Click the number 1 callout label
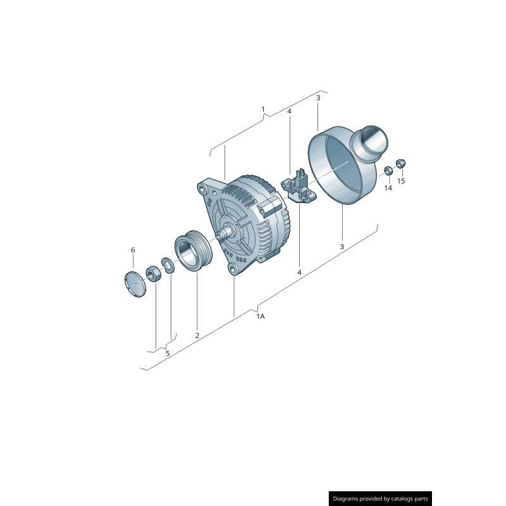coord(263,109)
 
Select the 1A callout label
coord(260,316)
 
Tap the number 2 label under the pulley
coord(197,335)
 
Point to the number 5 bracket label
coord(168,354)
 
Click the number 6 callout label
coord(133,250)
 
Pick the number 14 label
coord(388,188)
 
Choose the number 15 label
coord(401,181)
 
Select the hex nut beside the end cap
coord(152,273)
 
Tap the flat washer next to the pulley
coord(168,264)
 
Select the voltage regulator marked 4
coord(298,187)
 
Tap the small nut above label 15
coord(400,163)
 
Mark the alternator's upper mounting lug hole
coord(202,188)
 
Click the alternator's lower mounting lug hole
coord(233,271)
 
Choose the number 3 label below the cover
coord(342,247)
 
